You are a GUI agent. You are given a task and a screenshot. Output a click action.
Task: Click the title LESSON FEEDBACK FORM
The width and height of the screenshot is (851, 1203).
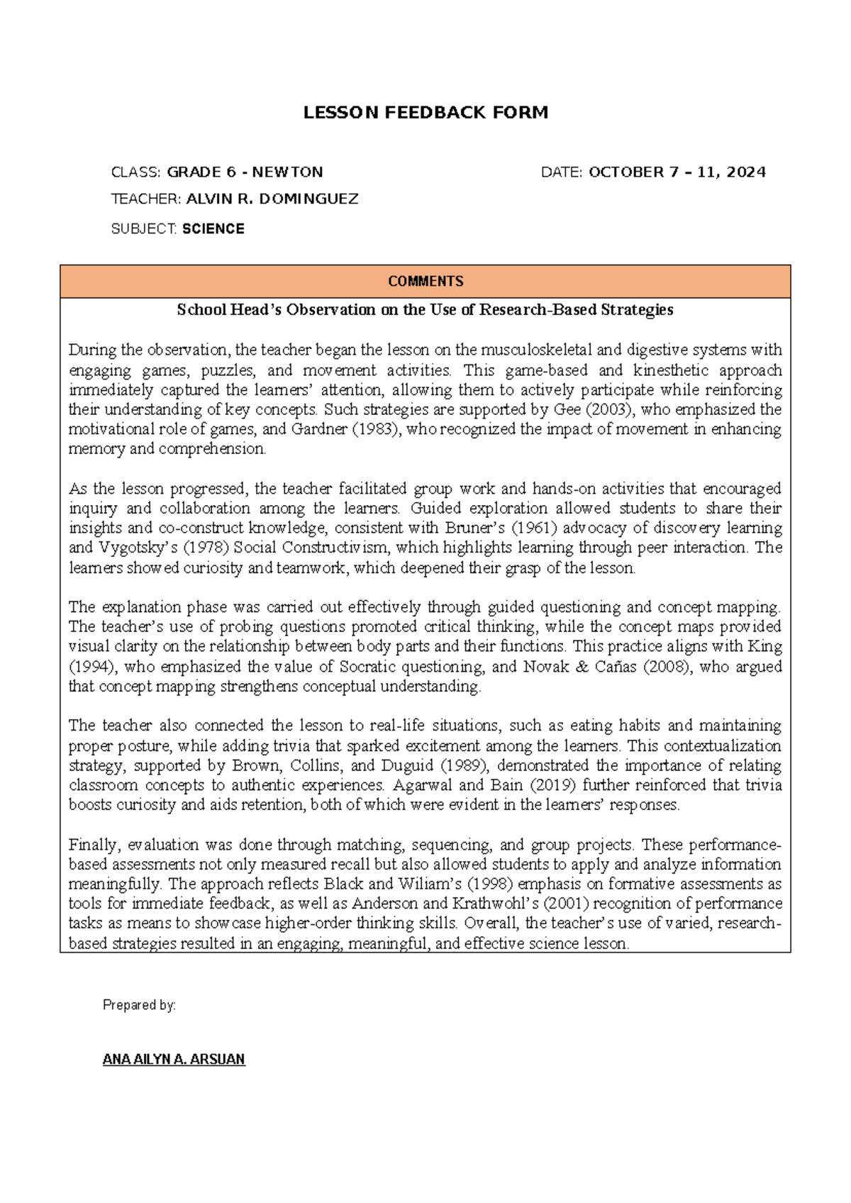pos(425,113)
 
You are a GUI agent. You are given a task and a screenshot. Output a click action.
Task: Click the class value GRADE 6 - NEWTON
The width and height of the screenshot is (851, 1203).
pos(245,172)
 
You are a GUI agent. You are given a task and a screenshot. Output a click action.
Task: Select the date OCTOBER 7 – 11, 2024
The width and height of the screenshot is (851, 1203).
pos(677,172)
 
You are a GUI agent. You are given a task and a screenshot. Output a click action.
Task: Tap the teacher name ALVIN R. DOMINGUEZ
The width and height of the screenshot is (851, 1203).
pos(272,199)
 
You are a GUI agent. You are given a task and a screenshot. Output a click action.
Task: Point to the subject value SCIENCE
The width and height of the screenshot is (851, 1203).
pos(213,229)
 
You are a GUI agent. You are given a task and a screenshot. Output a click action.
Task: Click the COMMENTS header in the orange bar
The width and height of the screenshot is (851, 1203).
pos(425,282)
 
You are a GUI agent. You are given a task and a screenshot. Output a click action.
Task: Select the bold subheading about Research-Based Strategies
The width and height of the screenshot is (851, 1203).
pos(425,310)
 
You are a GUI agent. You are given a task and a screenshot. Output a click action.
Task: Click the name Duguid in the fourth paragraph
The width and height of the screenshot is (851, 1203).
pos(407,765)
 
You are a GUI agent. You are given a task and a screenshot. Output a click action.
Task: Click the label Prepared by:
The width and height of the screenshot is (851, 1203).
pos(139,1005)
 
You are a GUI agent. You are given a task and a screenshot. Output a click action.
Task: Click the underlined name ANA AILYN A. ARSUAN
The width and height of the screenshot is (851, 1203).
pos(174,1059)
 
